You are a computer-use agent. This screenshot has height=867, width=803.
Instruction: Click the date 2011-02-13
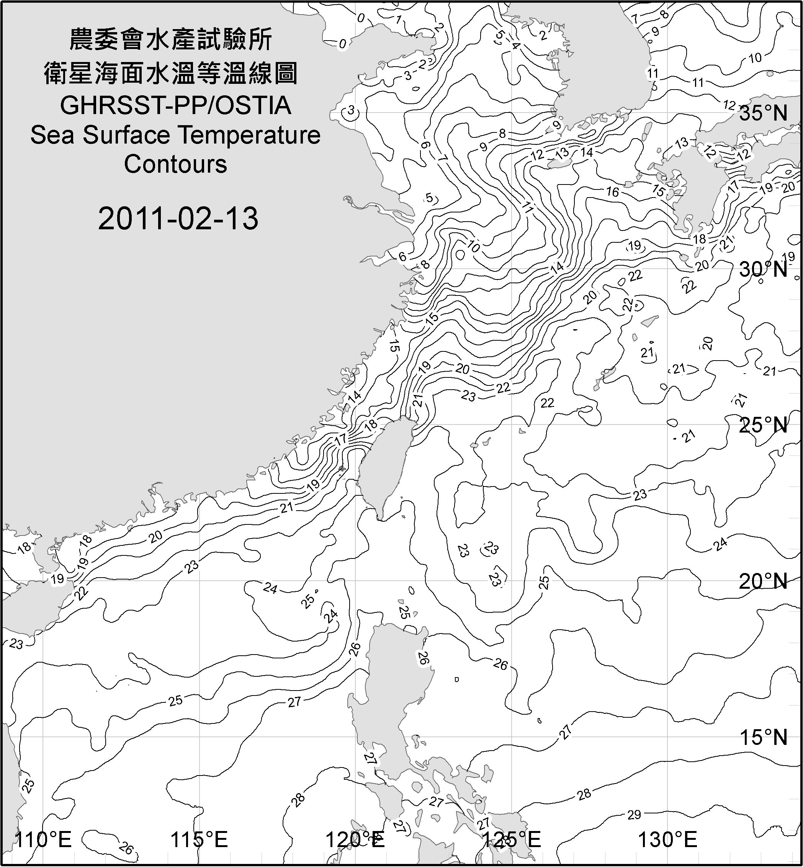tap(178, 218)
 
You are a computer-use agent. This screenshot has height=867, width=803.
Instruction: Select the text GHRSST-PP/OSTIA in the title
tap(175, 106)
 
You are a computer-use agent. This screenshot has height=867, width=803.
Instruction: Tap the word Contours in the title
tap(175, 164)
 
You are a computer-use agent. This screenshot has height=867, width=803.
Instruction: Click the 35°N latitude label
tap(764, 113)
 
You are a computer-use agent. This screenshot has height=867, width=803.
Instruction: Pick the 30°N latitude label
tap(764, 269)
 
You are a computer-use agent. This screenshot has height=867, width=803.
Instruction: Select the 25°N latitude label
tap(764, 425)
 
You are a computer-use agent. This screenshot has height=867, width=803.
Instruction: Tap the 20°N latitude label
tap(764, 581)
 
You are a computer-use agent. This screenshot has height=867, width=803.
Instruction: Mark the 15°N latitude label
tap(764, 737)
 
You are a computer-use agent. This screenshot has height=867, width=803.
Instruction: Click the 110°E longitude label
tap(43, 840)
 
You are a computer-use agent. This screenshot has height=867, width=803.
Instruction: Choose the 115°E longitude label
tap(200, 840)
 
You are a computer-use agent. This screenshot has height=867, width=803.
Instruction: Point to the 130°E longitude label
tap(667, 840)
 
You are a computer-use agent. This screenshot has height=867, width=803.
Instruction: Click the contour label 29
tap(634, 815)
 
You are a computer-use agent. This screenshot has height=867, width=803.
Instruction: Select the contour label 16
tap(613, 191)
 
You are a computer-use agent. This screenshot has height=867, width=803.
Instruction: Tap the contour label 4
tap(516, 45)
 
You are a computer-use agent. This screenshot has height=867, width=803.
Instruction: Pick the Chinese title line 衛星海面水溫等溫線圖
tap(171, 73)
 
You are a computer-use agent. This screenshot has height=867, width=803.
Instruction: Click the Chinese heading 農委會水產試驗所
tap(171, 40)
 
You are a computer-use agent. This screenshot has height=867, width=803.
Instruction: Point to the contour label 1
tap(399, 20)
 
